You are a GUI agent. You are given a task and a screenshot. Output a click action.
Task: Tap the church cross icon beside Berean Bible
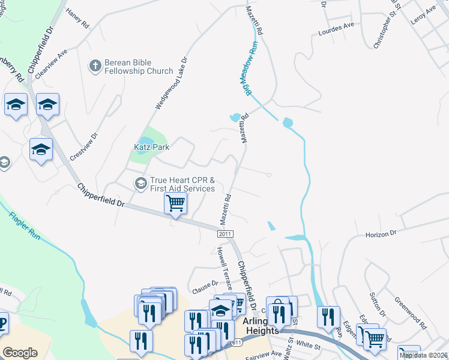(95, 66)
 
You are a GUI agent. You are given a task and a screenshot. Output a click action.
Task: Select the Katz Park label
(151, 146)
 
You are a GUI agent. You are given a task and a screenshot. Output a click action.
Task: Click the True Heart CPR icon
(140, 183)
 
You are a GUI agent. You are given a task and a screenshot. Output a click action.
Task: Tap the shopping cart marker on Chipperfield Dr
(175, 203)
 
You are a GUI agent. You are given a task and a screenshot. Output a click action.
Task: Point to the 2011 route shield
(225, 233)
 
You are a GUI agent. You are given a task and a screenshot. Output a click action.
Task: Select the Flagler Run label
(25, 226)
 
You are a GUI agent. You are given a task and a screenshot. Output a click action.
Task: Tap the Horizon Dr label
(381, 233)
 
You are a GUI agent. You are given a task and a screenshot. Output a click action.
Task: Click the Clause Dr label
(205, 287)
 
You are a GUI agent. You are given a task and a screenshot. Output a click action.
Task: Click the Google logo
(20, 352)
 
